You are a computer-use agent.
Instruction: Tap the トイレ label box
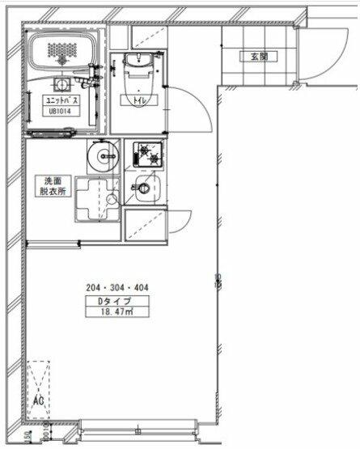(x=130, y=100)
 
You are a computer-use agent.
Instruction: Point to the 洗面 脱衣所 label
(x=53, y=186)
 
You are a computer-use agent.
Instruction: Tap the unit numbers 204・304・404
(x=117, y=287)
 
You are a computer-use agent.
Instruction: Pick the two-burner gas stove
(x=145, y=155)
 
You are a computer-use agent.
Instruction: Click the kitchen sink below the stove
(x=145, y=191)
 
